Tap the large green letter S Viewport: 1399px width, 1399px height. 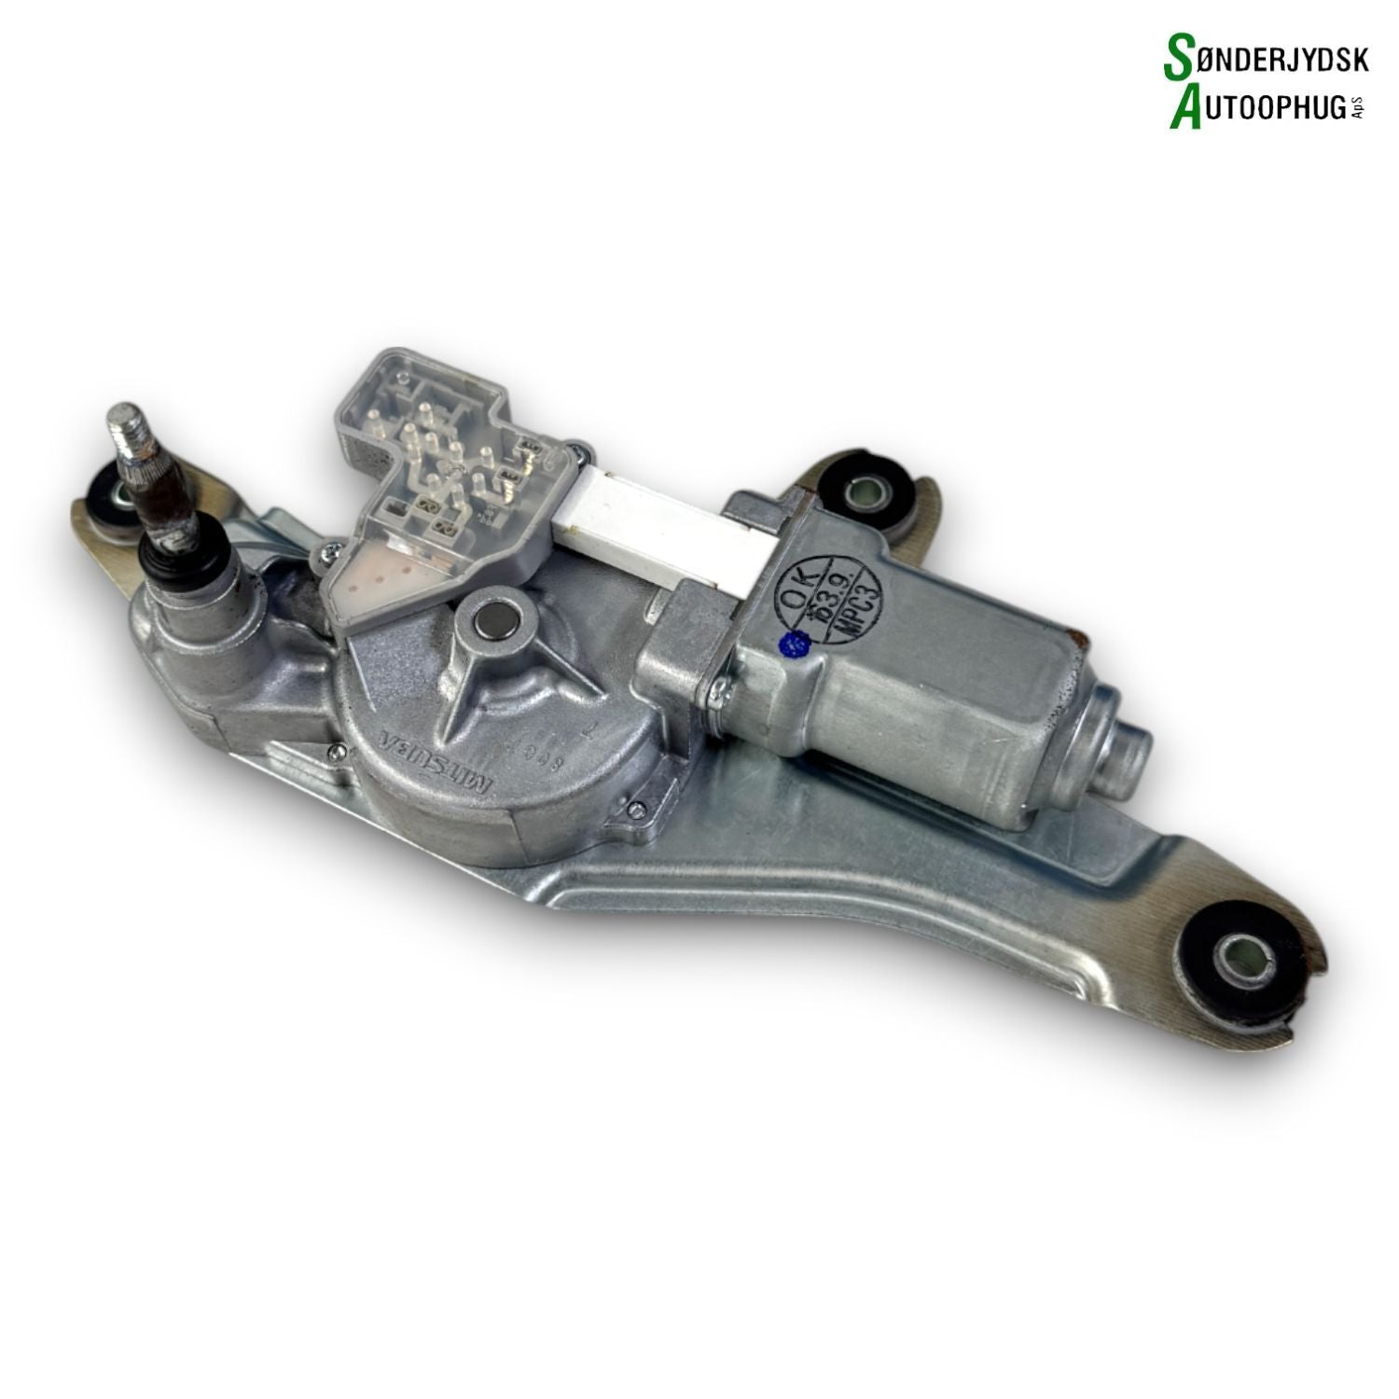click(x=1180, y=59)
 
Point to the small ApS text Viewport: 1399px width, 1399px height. click(x=1358, y=109)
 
